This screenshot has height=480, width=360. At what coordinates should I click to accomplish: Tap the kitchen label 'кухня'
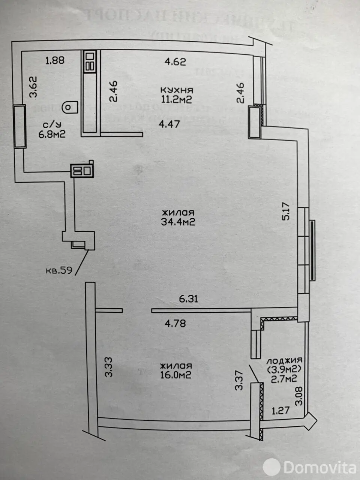177,90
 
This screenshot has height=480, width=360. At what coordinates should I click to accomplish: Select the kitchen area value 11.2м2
177,99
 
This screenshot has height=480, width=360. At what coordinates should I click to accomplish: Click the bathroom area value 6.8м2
52,134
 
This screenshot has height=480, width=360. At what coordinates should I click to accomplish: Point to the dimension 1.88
55,60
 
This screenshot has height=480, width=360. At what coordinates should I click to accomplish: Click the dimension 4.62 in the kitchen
175,61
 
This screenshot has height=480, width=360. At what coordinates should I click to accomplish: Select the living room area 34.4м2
178,222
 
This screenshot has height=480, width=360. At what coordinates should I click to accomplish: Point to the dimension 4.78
175,323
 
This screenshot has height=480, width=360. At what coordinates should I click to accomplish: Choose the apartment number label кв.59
59,270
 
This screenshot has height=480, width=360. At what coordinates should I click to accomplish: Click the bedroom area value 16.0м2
176,375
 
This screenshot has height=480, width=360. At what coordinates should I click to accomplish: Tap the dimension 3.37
239,381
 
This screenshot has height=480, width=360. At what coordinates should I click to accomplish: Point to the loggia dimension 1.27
280,411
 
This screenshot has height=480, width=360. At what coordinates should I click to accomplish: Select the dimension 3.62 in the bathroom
34,87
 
